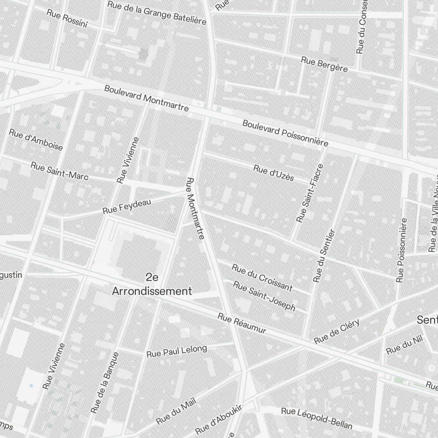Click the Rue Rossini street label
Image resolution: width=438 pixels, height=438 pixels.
click(x=67, y=18)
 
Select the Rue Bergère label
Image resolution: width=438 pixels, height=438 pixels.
click(x=324, y=64)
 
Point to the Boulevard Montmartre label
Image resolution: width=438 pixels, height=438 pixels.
click(x=146, y=98)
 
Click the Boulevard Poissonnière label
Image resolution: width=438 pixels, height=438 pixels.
click(x=285, y=133)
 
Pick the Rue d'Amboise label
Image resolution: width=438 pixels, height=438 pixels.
click(x=36, y=139)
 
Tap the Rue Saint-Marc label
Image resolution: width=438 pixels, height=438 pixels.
click(x=60, y=171)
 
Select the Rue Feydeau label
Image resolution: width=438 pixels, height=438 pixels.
click(x=127, y=206)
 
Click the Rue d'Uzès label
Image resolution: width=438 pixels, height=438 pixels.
click(x=274, y=173)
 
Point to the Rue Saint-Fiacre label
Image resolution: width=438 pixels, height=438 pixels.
click(x=310, y=192)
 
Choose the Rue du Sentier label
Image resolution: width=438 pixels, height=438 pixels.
click(x=324, y=255)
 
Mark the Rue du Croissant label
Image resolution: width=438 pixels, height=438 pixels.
click(x=262, y=277)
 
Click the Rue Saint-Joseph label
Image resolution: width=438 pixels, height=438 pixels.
click(x=264, y=296)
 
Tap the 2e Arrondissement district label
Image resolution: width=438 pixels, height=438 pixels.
click(x=152, y=284)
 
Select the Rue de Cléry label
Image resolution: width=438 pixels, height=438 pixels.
click(x=337, y=331)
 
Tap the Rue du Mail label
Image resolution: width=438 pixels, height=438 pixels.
click(x=176, y=412)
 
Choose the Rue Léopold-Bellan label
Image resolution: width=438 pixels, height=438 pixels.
click(x=316, y=418)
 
